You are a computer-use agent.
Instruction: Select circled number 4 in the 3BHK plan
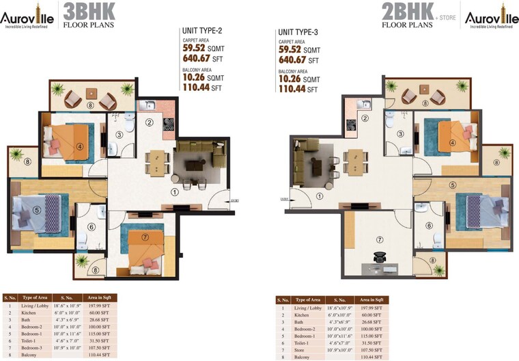click(x=80, y=145)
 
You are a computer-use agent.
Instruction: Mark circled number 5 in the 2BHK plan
click(x=453, y=185)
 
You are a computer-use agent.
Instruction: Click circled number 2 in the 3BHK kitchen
click(x=149, y=122)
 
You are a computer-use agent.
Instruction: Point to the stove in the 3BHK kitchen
click(x=169, y=124)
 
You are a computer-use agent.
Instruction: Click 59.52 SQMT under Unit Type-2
click(x=203, y=49)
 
